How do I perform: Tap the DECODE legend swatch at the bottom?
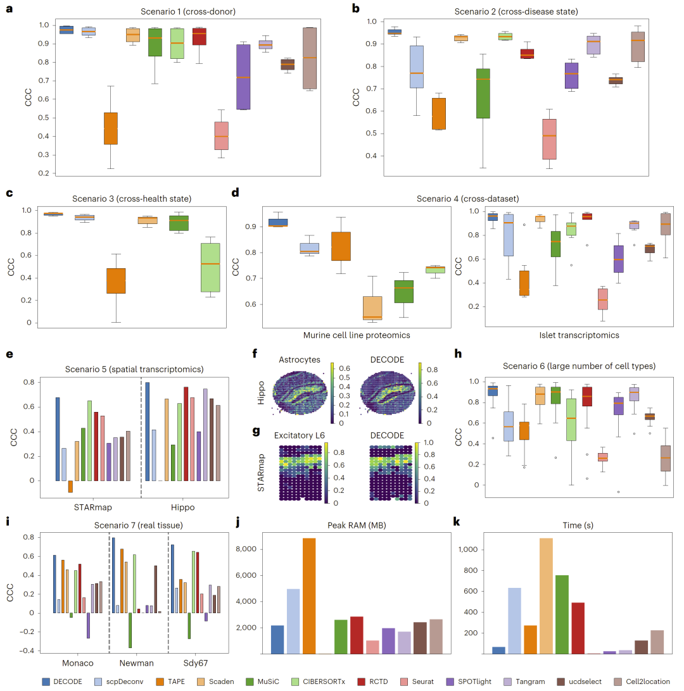[47, 682]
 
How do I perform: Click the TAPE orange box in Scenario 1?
[111, 128]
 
